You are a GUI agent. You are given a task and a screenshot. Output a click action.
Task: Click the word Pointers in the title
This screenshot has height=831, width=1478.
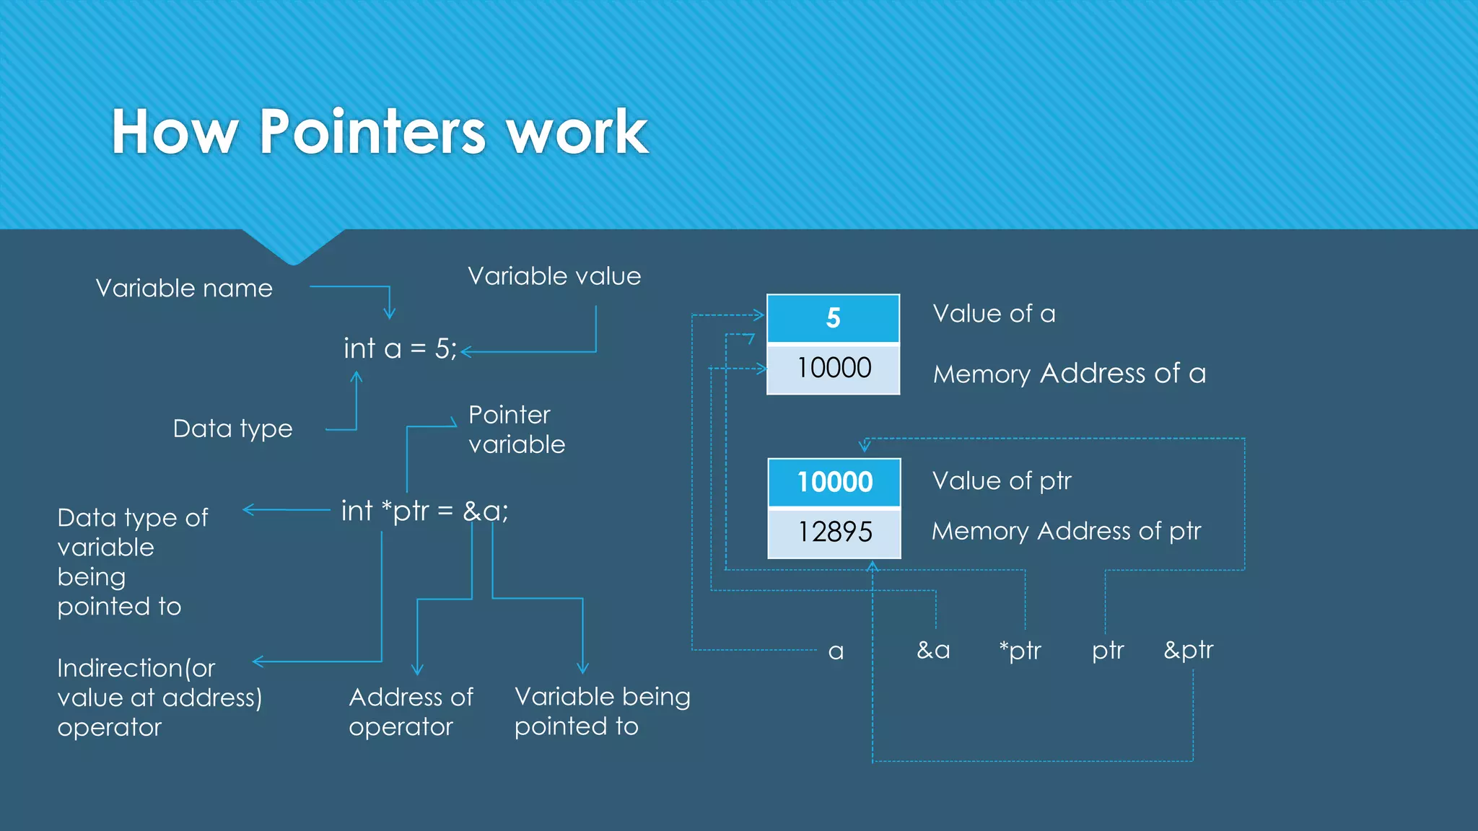[x=372, y=132]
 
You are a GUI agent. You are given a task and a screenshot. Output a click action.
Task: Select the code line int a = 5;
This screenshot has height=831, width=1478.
[x=400, y=349]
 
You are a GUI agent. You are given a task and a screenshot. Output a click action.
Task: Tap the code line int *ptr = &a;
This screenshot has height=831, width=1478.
[x=424, y=511]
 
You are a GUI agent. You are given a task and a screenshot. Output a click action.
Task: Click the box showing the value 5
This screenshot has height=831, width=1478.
[x=833, y=318]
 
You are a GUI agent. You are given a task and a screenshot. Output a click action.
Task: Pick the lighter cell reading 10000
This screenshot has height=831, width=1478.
[x=833, y=369]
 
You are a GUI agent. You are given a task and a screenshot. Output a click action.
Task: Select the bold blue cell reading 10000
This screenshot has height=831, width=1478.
[x=834, y=482]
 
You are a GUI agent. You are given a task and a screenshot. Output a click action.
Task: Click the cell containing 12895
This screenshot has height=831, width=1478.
[x=834, y=532]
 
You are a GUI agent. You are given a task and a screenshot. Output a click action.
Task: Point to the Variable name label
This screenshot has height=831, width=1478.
[x=184, y=289]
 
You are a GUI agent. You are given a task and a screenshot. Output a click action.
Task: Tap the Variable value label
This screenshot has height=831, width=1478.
[x=554, y=276]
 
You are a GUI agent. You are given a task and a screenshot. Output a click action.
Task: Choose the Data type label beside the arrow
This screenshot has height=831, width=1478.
[x=232, y=428]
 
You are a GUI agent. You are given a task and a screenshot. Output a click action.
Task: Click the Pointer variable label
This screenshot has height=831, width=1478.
[x=516, y=429]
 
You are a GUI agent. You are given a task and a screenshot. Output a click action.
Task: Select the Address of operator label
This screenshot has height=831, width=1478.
[x=411, y=711]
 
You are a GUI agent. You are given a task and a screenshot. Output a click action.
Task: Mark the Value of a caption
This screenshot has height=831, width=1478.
[x=994, y=314]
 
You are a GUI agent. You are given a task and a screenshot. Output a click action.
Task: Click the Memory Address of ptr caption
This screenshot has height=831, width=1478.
[x=1066, y=532]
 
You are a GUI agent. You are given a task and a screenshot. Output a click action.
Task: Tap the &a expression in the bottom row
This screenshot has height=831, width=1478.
[x=933, y=651]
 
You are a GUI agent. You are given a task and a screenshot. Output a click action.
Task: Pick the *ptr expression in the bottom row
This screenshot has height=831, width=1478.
[x=1020, y=651]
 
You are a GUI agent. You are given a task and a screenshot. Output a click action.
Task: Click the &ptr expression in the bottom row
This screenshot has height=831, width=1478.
[x=1188, y=651]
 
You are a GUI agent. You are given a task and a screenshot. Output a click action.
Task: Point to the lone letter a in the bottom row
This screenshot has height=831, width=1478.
[x=836, y=652]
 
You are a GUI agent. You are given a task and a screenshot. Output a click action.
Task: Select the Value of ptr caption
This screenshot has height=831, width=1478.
[x=1002, y=481]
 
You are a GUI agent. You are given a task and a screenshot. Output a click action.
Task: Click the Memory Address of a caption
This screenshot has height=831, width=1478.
[x=1069, y=374]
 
